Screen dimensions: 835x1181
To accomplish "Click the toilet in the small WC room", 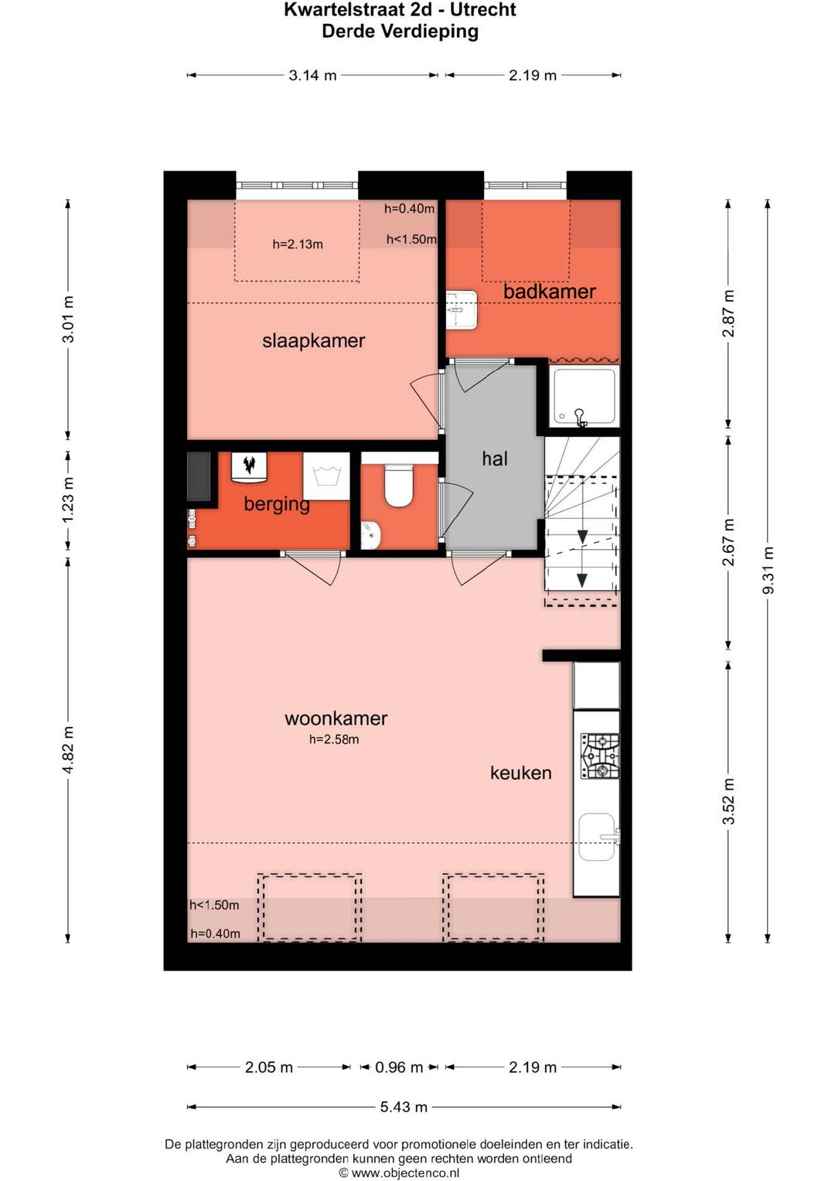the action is tap(398, 484).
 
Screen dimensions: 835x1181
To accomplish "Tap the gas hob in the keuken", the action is tap(599, 756).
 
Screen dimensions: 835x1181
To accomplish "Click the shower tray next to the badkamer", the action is tap(582, 397).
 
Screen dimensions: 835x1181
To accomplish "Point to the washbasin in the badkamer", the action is tap(462, 310).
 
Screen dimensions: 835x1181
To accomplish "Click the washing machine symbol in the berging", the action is tap(326, 476).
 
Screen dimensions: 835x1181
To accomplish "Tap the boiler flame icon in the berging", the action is tap(249, 466).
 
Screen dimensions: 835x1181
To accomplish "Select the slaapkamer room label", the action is tap(314, 340).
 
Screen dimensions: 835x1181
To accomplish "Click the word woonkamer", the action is tap(336, 718).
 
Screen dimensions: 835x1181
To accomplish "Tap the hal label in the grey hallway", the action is tap(495, 459).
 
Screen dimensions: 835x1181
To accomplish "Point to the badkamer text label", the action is tap(549, 292).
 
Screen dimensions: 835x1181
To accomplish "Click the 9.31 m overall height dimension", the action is tap(768, 571).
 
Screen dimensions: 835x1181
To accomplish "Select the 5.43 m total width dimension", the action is tap(404, 1107).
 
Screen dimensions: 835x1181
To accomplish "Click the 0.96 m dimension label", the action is tap(398, 1067).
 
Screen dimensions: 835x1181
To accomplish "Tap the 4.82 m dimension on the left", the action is tap(67, 749).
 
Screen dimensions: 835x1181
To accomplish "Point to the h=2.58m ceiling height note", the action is tap(334, 739).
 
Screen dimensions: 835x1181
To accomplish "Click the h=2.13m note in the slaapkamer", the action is tap(298, 244).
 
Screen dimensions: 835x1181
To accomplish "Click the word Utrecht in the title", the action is tap(483, 10).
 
